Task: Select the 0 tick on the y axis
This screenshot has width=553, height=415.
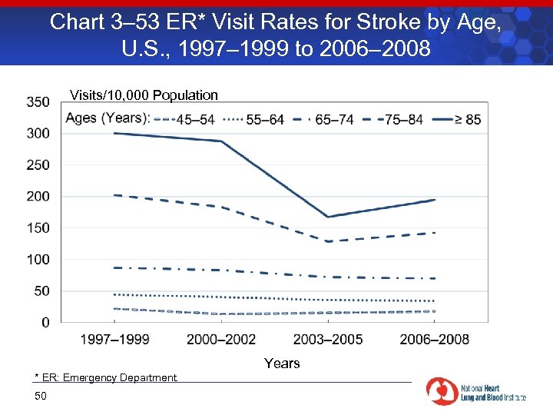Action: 45,322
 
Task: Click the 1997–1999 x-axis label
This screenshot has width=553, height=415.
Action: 115,339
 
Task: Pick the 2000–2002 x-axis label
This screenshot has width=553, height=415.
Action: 222,339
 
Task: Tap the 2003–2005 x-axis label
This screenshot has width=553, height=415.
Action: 329,339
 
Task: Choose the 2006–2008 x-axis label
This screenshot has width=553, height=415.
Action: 435,339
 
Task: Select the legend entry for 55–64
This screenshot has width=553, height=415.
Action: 257,119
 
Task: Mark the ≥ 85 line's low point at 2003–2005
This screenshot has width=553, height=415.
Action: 329,217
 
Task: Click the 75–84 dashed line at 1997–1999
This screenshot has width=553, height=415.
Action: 115,195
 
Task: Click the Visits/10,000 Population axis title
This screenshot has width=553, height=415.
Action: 144,95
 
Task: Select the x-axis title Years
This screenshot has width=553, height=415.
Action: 282,363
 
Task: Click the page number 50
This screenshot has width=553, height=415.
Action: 41,396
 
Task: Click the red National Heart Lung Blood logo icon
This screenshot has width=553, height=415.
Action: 442,391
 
